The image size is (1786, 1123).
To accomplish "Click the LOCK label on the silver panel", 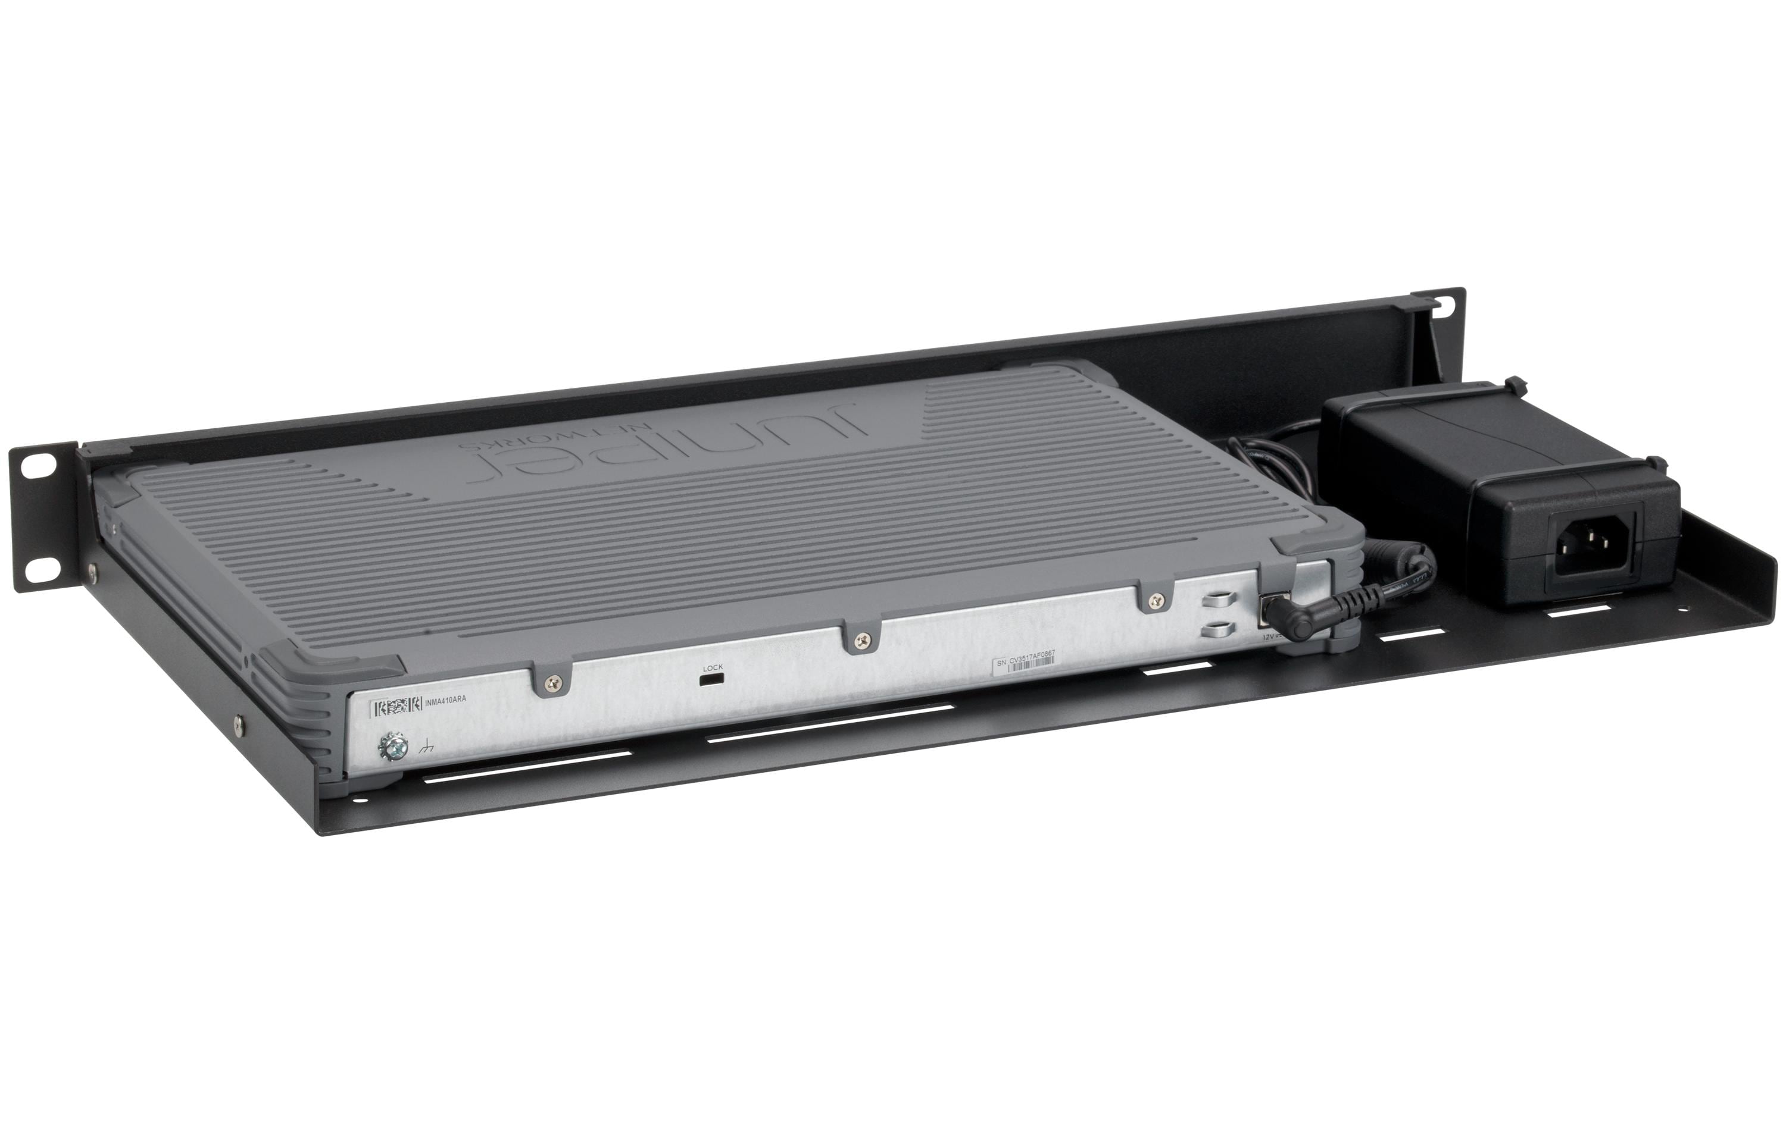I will click(x=712, y=667).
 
